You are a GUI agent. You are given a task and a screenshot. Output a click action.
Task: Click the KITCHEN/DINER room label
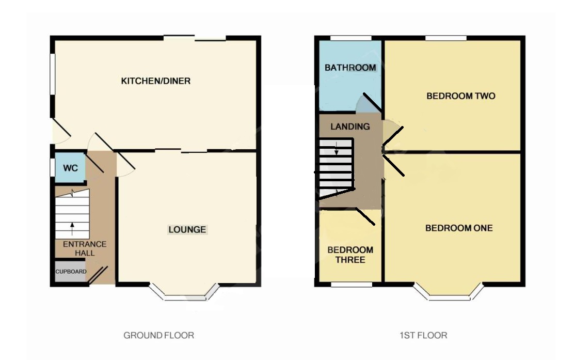(156, 81)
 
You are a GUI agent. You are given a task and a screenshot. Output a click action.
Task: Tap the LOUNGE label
(187, 230)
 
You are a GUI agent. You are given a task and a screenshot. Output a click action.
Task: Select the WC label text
(70, 168)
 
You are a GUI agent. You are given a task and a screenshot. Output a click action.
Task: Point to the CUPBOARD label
(71, 272)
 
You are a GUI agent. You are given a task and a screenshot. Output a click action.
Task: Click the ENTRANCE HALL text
(85, 248)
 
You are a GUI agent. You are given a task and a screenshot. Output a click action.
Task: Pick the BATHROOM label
(350, 68)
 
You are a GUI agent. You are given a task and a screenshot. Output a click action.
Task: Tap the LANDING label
(350, 127)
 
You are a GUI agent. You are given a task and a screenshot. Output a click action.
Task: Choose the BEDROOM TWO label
(461, 96)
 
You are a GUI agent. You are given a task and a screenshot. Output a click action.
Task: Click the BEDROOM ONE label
(459, 228)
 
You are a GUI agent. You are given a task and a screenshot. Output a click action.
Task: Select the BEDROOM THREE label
(350, 255)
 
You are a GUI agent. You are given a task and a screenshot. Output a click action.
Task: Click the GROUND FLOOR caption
(159, 335)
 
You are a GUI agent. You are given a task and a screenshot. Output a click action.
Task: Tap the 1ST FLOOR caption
(423, 335)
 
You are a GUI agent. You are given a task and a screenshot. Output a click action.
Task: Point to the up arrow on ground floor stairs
(72, 228)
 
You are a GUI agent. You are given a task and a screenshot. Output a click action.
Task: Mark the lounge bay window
(184, 292)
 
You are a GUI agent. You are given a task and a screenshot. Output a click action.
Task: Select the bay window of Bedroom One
(449, 292)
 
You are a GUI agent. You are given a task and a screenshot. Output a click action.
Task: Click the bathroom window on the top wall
(351, 38)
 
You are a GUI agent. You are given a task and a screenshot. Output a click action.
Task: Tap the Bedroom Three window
(352, 285)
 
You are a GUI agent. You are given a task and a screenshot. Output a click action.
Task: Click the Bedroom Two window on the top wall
(446, 38)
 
